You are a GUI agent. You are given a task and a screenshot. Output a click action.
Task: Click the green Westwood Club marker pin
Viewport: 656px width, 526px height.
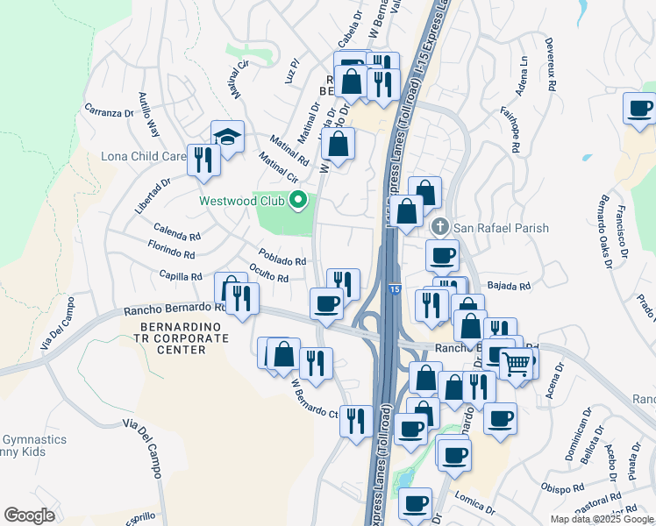298,201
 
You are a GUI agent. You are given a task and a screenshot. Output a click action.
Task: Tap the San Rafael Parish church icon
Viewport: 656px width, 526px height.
442,228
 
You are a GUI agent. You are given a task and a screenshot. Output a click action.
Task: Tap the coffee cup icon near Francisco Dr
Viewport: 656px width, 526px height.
640,109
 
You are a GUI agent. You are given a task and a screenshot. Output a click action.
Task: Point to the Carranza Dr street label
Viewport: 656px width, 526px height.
108,111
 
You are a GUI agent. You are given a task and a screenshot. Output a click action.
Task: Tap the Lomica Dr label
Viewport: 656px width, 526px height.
474,501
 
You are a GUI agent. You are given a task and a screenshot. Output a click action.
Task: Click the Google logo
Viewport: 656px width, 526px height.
29,515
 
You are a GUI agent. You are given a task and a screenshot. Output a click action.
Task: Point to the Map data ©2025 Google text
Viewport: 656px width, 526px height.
601,519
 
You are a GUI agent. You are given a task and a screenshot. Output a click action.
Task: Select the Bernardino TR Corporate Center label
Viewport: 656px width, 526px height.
173,338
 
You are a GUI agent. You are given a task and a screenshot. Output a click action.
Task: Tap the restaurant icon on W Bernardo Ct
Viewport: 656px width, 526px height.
356,420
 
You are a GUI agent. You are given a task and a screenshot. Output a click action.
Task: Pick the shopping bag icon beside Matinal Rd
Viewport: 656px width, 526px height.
339,143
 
